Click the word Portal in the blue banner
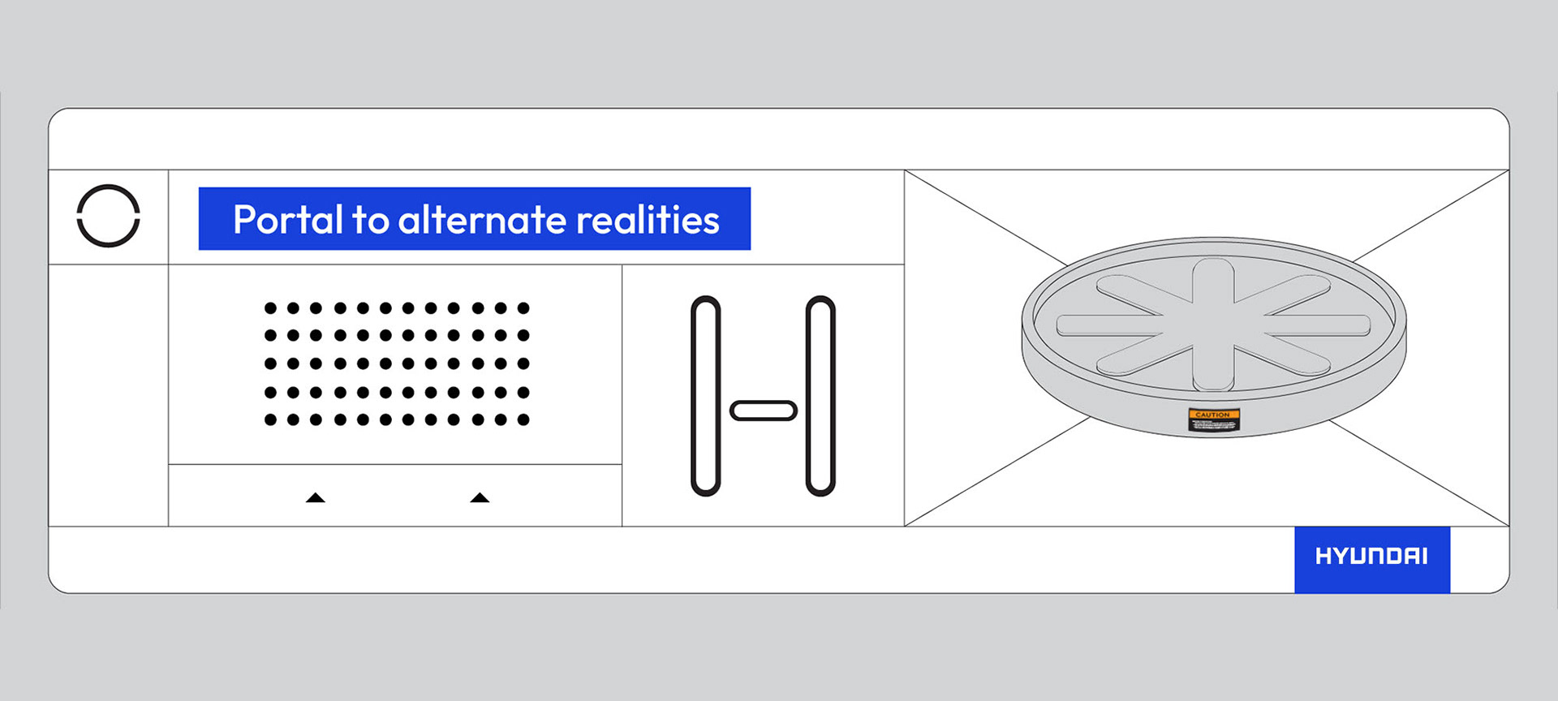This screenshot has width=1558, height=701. coord(288,220)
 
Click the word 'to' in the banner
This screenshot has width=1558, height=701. coord(370,221)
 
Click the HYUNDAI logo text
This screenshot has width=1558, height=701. coord(1371,557)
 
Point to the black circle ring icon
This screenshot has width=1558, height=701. coord(109,216)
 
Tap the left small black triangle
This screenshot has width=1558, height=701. coord(316,497)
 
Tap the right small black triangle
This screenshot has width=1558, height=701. coord(480,497)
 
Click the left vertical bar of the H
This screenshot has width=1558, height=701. coord(706,395)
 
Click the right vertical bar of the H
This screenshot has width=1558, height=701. coord(820,395)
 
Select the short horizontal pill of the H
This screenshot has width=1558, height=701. coord(764,411)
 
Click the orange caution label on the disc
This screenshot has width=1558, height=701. coord(1213,419)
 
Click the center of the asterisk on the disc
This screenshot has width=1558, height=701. coord(1213,325)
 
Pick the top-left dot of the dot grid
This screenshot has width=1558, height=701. coord(270,308)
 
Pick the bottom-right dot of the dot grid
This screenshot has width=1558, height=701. coord(523,419)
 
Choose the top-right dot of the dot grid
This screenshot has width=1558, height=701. coord(523,308)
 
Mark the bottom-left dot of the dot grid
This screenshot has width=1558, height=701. coord(270,419)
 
